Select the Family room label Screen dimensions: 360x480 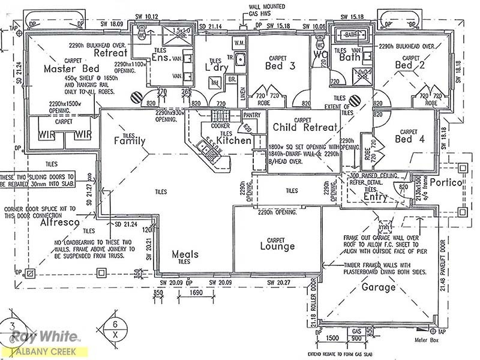pyautogui.click(x=130, y=142)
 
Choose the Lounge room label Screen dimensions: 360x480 pyautogui.click(x=277, y=246)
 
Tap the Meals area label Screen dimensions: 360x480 pyautogui.click(x=185, y=254)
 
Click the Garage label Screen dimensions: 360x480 pyautogui.click(x=378, y=287)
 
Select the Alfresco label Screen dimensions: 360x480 pyautogui.click(x=60, y=222)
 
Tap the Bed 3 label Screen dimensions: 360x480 pyautogui.click(x=280, y=66)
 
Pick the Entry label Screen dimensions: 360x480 pyautogui.click(x=376, y=196)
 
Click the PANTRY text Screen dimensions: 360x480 pyautogui.click(x=251, y=115)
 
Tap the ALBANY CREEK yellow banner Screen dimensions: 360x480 pyautogui.click(x=43, y=352)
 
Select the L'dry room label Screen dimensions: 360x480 pyautogui.click(x=214, y=67)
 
